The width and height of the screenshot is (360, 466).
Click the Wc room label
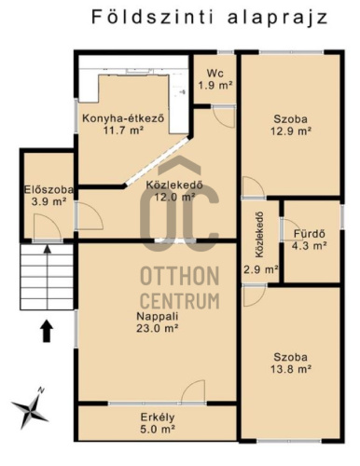pos(215,74)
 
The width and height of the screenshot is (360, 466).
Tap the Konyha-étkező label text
pos(123,118)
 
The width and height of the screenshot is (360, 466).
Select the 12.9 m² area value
pos(291,131)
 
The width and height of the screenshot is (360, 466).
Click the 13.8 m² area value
pos(291,369)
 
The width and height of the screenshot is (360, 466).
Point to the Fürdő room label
pos(310,234)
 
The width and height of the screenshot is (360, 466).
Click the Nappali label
pos(158,316)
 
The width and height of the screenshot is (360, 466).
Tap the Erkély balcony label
pos(158,417)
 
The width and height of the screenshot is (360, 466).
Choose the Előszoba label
pos(48,189)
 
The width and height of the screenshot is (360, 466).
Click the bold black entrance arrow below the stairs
pos(47,331)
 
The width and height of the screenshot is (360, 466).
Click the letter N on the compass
pos(41,390)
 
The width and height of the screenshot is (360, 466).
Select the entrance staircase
pos(47,277)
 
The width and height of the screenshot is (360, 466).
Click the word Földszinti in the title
pos(153,17)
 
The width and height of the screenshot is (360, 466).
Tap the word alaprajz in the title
pos(278,18)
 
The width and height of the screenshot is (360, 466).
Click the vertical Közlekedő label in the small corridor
pos(259,235)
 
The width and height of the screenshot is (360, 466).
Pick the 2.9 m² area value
pos(260,269)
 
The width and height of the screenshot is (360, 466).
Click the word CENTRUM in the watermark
pos(180,300)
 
